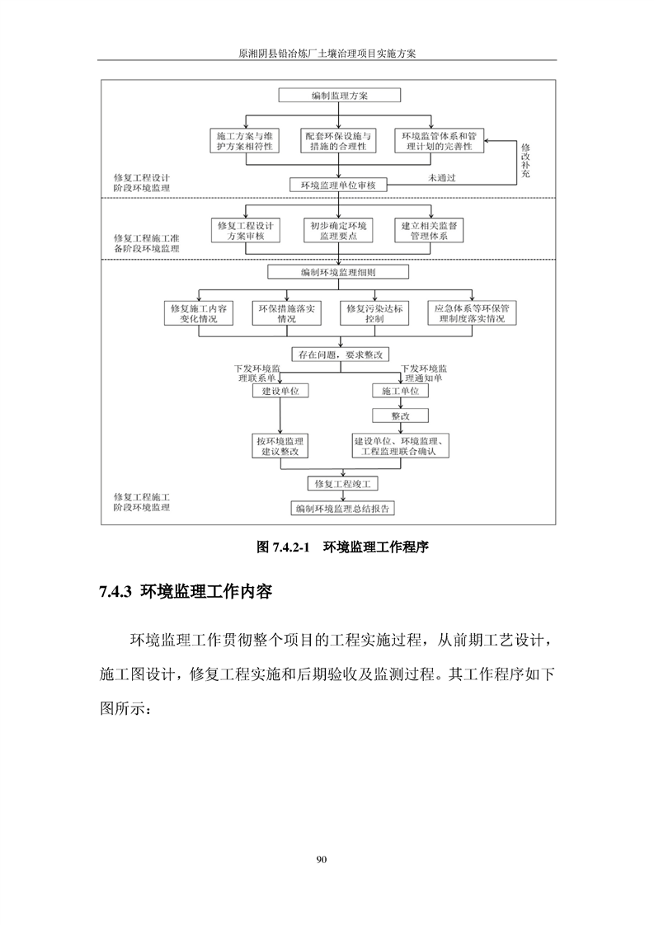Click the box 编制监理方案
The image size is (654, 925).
[340, 96]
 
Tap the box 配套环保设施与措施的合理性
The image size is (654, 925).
[338, 141]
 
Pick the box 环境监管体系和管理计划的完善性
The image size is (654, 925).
[440, 141]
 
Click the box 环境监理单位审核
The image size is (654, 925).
[339, 185]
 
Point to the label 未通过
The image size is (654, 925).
[443, 177]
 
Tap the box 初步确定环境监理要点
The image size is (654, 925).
[339, 230]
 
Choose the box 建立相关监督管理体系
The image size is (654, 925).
[430, 230]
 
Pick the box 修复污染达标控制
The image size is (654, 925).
[374, 313]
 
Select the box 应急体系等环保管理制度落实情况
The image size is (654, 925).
[471, 313]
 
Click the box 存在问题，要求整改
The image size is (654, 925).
[341, 355]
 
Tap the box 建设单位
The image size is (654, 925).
[280, 392]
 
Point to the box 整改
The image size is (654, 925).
[400, 416]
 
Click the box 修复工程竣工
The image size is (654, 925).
[341, 483]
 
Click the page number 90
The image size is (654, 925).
[322, 861]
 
